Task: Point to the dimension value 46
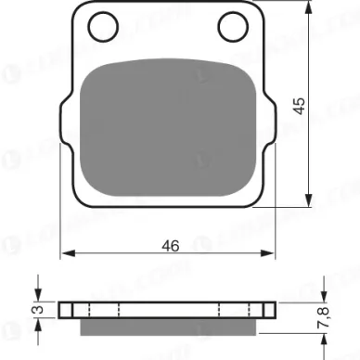click(169, 246)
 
